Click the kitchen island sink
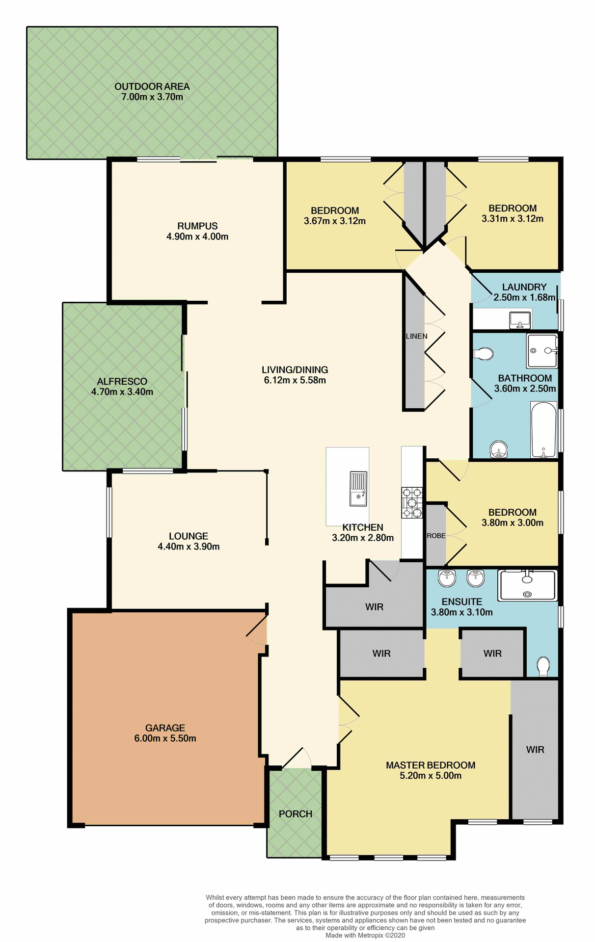(x=358, y=489)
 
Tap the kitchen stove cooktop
(x=412, y=502)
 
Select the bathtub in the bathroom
(x=544, y=430)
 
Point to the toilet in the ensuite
(x=543, y=666)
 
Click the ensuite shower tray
(x=527, y=585)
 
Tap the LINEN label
(x=416, y=336)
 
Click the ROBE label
(x=436, y=536)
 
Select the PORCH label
(x=296, y=814)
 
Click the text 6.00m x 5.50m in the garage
(x=165, y=738)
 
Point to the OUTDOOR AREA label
(x=152, y=86)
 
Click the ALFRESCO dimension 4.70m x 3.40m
(x=122, y=392)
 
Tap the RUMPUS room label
(x=197, y=226)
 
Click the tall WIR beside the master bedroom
(x=535, y=750)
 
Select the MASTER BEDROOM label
(x=431, y=765)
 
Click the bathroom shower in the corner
(x=542, y=350)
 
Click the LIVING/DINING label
(x=295, y=370)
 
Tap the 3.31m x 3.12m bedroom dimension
(x=513, y=219)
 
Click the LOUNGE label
(x=189, y=536)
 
